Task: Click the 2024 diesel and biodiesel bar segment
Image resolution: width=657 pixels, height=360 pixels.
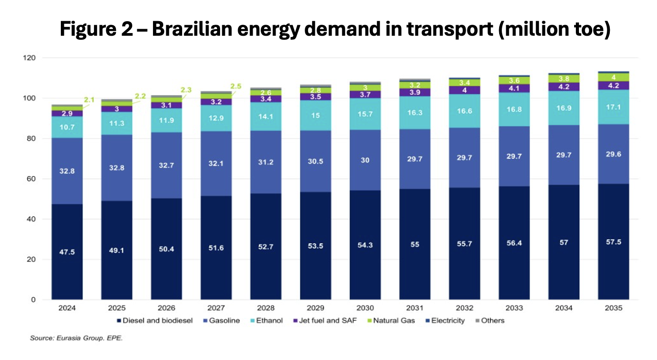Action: click(x=67, y=251)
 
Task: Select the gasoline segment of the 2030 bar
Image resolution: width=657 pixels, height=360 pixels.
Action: click(x=365, y=160)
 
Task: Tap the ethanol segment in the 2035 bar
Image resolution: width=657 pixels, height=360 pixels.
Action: click(x=613, y=107)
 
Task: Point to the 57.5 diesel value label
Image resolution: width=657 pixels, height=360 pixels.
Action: click(x=613, y=242)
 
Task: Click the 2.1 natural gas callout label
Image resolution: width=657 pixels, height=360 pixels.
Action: click(x=89, y=100)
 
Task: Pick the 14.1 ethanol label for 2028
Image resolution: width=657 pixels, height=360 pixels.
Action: click(x=265, y=117)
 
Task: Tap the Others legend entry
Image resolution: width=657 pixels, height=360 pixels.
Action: click(x=490, y=321)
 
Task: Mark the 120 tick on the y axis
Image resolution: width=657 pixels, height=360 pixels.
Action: click(x=30, y=58)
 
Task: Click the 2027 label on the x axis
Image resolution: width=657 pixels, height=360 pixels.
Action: click(x=216, y=308)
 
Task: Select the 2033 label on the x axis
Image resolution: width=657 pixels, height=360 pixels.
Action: click(x=514, y=308)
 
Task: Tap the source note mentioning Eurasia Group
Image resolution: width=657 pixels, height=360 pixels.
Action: click(x=76, y=338)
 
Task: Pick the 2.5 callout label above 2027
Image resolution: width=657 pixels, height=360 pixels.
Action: click(x=236, y=86)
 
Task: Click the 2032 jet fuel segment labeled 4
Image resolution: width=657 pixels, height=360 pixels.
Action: click(x=464, y=90)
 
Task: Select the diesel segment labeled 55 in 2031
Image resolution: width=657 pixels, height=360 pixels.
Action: click(x=415, y=244)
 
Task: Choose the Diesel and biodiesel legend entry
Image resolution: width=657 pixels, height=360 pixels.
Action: click(x=155, y=321)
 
